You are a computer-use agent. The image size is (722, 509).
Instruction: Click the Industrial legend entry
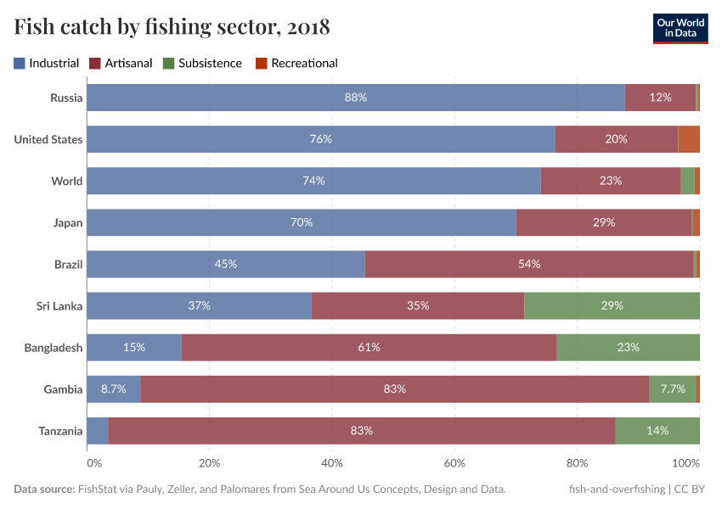tap(47, 63)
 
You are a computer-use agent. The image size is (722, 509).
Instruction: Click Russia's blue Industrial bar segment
tap(356, 98)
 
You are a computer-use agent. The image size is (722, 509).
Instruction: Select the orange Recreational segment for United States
tap(689, 139)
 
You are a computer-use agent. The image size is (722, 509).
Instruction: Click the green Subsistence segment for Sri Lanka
tap(612, 305)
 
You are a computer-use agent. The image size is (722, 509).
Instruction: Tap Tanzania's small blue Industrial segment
tap(98, 430)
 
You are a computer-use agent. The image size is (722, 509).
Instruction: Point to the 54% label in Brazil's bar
tap(529, 264)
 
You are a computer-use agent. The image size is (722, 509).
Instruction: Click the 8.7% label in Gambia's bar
tap(113, 389)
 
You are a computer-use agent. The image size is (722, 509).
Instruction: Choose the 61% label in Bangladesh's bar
tap(369, 347)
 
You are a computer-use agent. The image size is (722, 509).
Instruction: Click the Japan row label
tap(67, 222)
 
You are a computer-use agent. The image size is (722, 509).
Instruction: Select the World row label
tap(66, 181)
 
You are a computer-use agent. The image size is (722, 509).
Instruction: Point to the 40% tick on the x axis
tap(332, 463)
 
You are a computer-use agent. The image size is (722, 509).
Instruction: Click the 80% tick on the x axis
tap(578, 463)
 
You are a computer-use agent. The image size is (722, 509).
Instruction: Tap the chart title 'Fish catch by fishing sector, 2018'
tap(172, 27)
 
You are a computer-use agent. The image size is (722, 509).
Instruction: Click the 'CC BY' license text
tap(691, 489)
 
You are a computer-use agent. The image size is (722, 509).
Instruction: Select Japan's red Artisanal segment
tap(603, 222)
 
